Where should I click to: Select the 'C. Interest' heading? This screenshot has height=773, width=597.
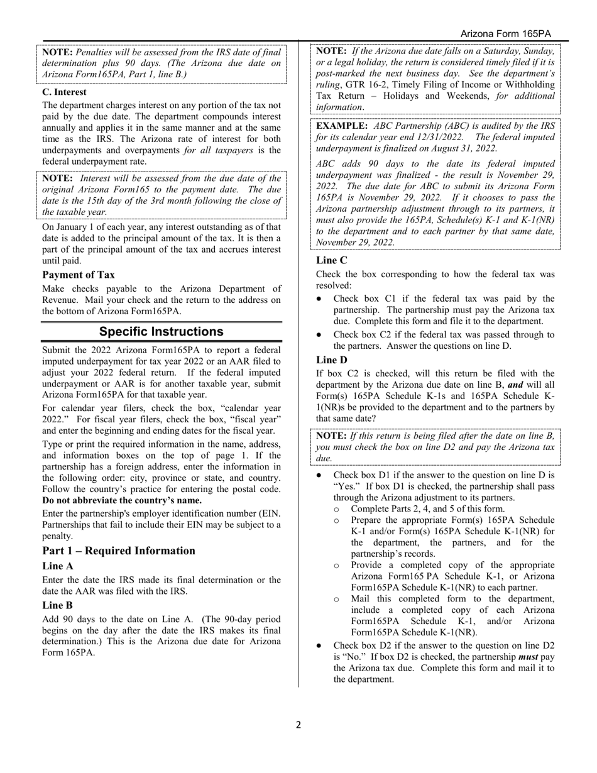[x=64, y=92]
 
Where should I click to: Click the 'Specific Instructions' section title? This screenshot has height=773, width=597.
[x=162, y=331]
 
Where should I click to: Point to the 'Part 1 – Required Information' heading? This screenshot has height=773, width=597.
[x=119, y=551]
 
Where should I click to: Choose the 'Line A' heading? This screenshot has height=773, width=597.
[x=58, y=566]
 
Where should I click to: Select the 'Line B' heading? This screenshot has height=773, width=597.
[x=58, y=605]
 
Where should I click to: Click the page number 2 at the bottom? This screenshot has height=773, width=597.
[x=298, y=725]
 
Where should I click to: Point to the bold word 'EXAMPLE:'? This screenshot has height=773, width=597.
[x=342, y=125]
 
